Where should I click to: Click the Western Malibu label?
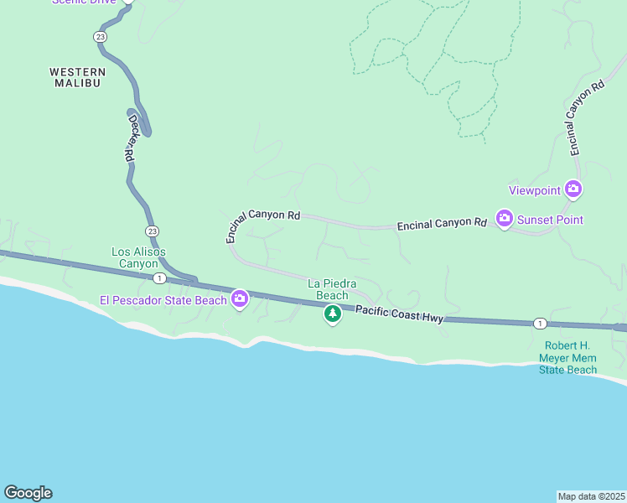[77, 77]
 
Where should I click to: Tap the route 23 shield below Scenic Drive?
[101, 36]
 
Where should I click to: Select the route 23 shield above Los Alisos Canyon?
[151, 231]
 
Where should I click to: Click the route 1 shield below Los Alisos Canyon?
[159, 277]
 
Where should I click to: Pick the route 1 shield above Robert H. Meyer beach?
[540, 324]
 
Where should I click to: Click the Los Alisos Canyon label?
[138, 257]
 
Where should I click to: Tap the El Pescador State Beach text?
[163, 299]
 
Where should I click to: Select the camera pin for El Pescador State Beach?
[240, 298]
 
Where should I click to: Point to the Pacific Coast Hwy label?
[398, 314]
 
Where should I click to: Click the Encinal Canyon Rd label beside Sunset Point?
[442, 224]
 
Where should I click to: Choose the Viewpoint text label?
[535, 190]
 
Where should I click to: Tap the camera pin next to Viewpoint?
[573, 189]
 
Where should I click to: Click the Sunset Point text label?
[550, 220]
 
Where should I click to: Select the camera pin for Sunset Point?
[504, 219]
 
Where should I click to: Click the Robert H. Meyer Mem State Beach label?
[570, 357]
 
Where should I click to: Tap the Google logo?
[28, 493]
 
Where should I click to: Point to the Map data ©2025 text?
[590, 496]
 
